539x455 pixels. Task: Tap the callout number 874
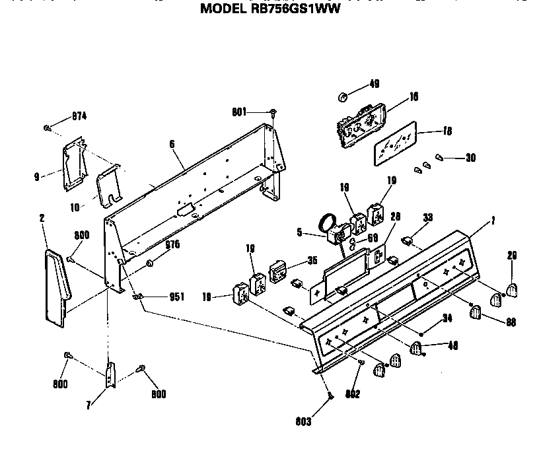tap(79, 116)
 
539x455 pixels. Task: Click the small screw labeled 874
tap(48, 127)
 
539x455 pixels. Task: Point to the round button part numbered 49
tap(343, 97)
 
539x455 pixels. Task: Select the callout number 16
tap(413, 96)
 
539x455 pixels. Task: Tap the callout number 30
tap(470, 158)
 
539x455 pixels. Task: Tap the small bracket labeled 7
tap(110, 374)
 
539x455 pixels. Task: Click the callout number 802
tap(351, 394)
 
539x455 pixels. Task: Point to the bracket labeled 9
tap(74, 162)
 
